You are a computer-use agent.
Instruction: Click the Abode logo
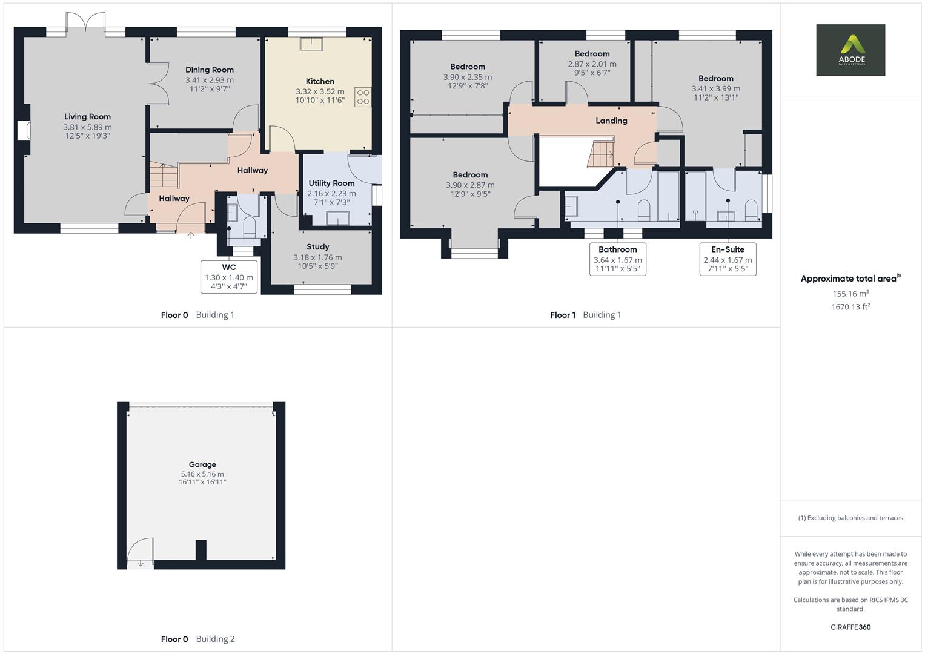(x=850, y=50)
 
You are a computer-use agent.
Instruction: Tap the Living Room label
(x=87, y=117)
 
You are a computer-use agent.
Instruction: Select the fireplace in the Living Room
(x=24, y=131)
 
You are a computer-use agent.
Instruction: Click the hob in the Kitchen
(x=363, y=97)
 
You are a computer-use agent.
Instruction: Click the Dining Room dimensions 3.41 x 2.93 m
(x=209, y=80)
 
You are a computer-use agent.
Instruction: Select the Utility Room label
(x=331, y=183)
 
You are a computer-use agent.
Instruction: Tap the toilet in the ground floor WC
(x=249, y=228)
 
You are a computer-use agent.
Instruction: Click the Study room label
(x=317, y=246)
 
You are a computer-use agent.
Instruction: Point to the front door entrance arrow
(x=191, y=236)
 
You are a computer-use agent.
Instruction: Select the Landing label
(x=611, y=121)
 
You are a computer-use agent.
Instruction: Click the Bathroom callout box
(x=617, y=259)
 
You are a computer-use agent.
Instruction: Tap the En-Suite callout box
(x=728, y=259)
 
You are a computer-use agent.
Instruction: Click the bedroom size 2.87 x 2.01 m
(x=592, y=64)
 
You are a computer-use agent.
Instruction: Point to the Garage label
(x=202, y=464)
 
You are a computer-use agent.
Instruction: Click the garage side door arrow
(x=141, y=564)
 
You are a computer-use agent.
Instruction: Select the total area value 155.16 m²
(x=850, y=294)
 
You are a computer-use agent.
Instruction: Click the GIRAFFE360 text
(x=850, y=627)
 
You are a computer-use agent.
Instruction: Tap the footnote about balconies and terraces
(x=850, y=518)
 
